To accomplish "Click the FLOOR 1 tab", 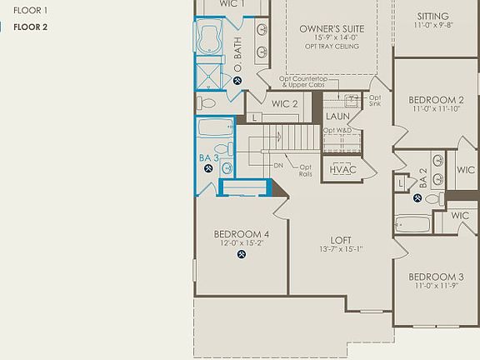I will (x=30, y=11).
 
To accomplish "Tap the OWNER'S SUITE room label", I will (x=328, y=28).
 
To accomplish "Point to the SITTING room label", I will (x=432, y=16).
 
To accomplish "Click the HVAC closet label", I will (x=342, y=169).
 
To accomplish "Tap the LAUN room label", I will (x=337, y=117).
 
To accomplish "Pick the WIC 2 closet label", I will (x=285, y=103).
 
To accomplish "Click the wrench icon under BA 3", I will (x=208, y=167).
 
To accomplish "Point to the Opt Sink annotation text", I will (x=375, y=102).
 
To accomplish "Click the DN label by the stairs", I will (x=278, y=165).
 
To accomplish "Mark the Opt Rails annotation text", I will (x=306, y=170).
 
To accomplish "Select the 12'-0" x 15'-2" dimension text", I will (x=242, y=243).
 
